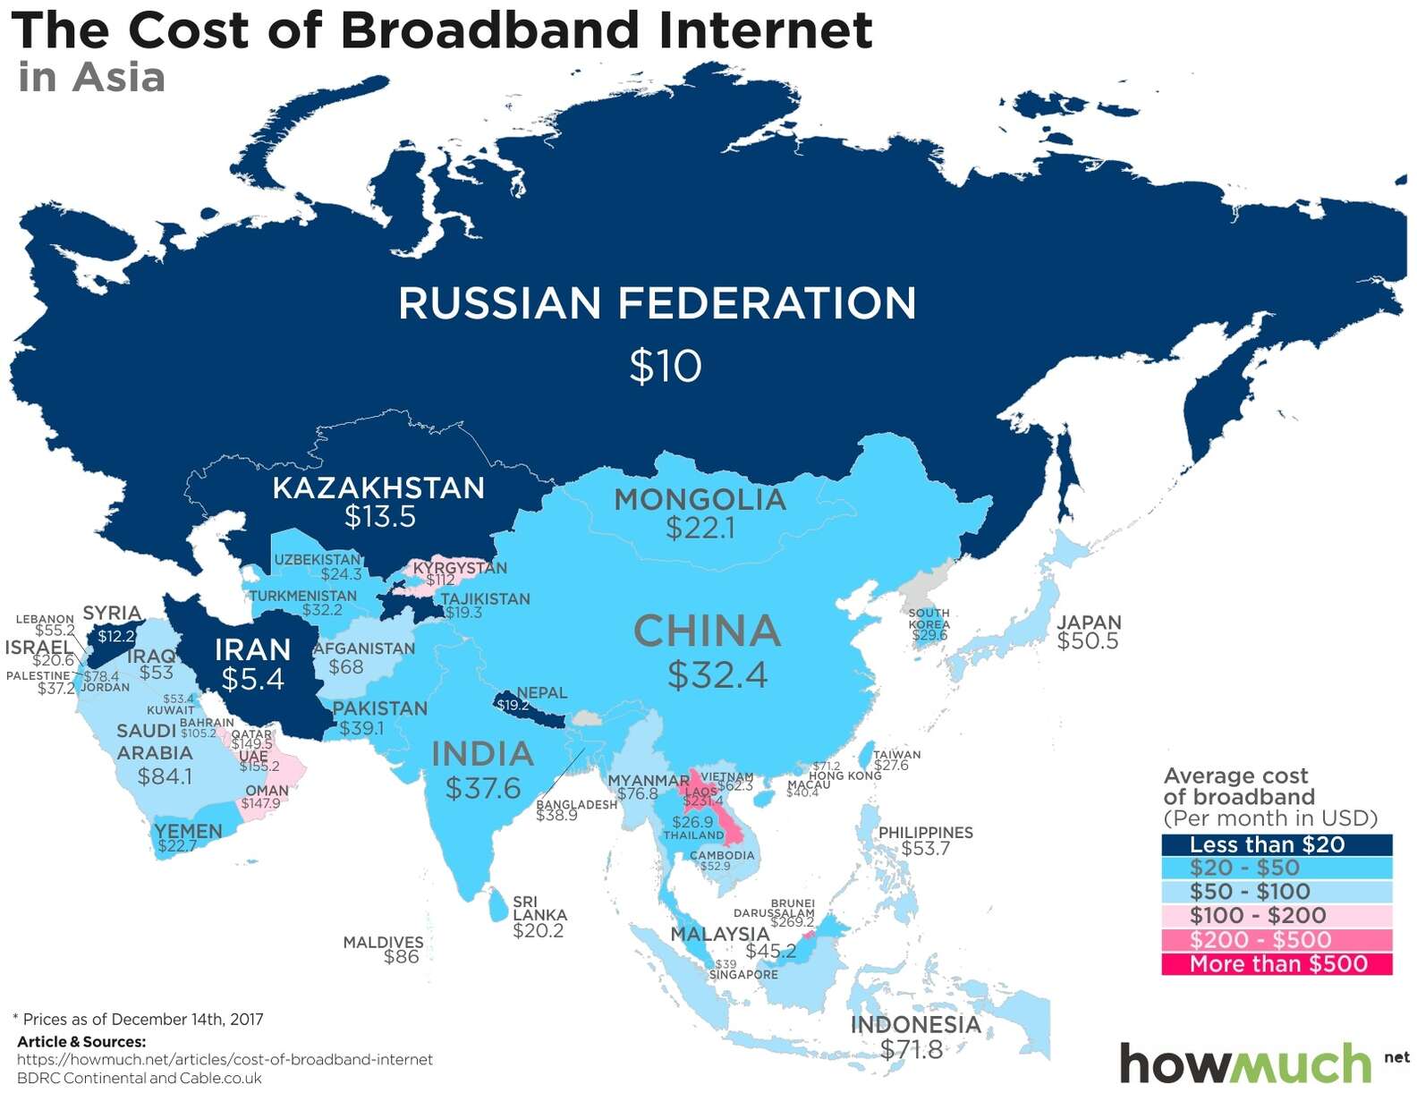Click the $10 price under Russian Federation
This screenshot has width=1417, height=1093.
(666, 366)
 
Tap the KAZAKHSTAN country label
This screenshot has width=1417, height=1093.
(378, 487)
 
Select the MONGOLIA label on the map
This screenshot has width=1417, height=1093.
(700, 499)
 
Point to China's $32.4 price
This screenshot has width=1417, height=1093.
(717, 675)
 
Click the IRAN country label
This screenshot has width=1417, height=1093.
(252, 649)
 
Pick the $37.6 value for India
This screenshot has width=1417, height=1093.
(483, 788)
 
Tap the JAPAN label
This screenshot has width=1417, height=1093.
(1089, 623)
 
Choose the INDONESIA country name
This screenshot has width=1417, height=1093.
(915, 1024)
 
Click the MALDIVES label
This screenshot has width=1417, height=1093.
(383, 942)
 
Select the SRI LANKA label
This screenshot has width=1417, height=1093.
(539, 909)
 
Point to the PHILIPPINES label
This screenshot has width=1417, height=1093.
(925, 832)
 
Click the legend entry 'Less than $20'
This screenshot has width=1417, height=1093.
(1276, 844)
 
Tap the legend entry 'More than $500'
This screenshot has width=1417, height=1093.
(1276, 963)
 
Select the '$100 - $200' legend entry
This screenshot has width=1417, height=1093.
(1276, 915)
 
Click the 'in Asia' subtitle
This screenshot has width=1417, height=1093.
(91, 77)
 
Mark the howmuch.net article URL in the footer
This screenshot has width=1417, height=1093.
(225, 1059)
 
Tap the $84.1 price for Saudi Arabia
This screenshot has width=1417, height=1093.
(165, 775)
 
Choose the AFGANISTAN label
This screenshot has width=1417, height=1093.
(363, 648)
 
